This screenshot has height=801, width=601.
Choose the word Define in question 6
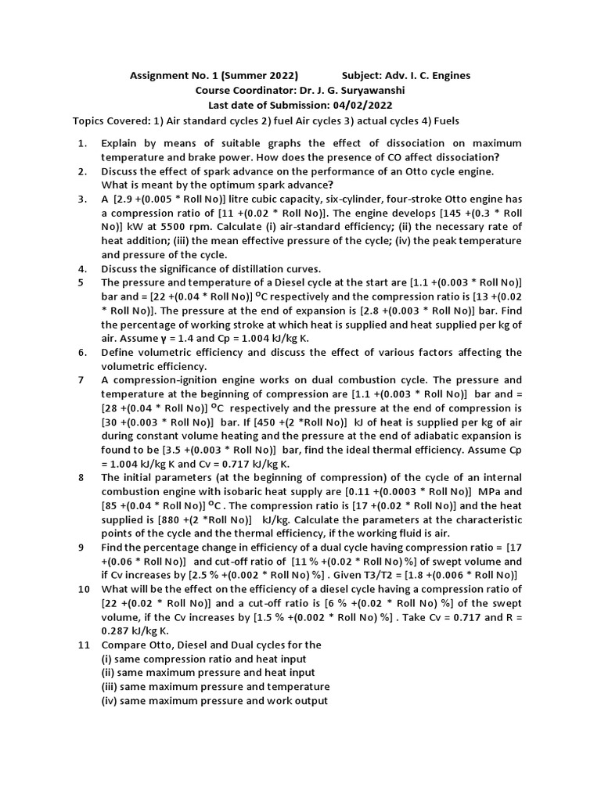tap(118, 353)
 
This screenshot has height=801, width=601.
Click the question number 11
tap(84, 645)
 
